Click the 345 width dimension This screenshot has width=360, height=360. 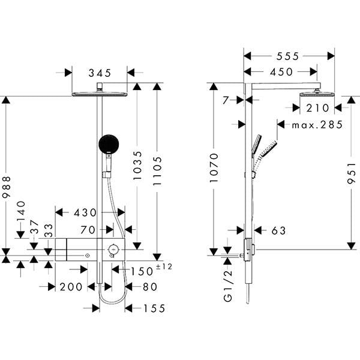point(100,73)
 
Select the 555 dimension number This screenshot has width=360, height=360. point(287,56)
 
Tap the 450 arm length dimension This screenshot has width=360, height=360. point(281,72)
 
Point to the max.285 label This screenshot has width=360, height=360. point(317,125)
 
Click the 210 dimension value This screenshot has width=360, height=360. point(318,108)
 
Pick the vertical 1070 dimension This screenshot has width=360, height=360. point(214,168)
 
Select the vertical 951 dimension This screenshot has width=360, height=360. point(351,173)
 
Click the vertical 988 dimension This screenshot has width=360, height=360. point(6,187)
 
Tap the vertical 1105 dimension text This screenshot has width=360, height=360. point(157,171)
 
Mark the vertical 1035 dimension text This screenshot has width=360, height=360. point(137,166)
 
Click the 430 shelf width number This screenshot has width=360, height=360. point(85,212)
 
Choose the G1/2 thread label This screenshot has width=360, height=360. point(228,286)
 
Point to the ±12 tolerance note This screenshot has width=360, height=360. point(164,266)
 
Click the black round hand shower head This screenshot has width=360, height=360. point(109,144)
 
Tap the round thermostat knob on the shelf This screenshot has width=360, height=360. point(113,249)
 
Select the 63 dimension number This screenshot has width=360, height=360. point(279,231)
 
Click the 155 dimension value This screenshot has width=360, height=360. point(154,308)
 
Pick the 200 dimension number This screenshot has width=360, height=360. point(71,287)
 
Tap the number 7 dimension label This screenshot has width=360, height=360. point(226,100)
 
